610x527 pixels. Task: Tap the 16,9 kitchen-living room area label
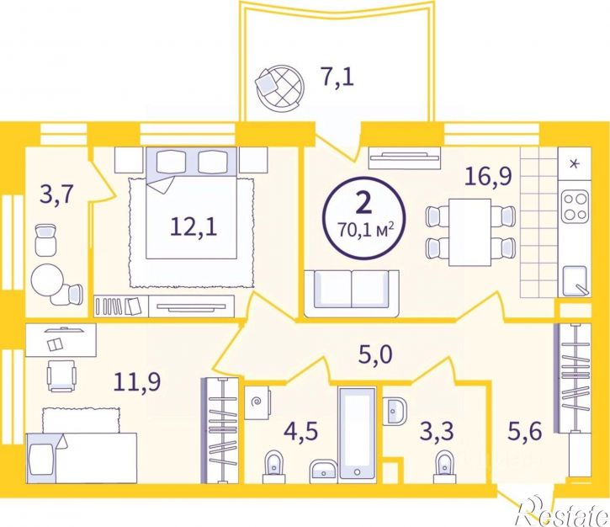pos(489,177)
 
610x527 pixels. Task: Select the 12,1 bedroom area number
pos(194,227)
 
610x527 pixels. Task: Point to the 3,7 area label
pos(56,194)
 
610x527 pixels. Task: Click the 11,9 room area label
pos(137,381)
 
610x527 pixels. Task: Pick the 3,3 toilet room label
pos(437,431)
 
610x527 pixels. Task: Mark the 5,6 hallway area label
pos(525,431)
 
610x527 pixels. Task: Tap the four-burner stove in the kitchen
pos(575,206)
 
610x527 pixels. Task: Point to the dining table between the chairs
pos(469,232)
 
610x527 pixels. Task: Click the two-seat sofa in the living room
pos(352,294)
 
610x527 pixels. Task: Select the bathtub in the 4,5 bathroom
pos(358,433)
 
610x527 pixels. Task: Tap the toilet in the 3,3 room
pos(445,463)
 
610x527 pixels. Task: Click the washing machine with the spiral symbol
pos(257,402)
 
